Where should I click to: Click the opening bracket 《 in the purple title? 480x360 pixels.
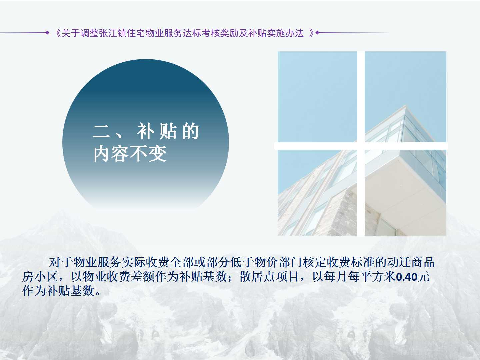click(x=58, y=33)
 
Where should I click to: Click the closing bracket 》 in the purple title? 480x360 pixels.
click(x=311, y=33)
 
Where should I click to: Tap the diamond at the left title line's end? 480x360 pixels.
click(x=47, y=33)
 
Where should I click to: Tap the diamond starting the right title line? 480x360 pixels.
click(x=318, y=33)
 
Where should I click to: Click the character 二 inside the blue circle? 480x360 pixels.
click(x=101, y=131)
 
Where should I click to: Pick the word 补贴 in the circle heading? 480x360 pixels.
click(x=157, y=131)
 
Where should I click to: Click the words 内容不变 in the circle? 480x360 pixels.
click(x=130, y=153)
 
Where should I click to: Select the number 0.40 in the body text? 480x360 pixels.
click(x=407, y=277)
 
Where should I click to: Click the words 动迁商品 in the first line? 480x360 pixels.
click(x=411, y=263)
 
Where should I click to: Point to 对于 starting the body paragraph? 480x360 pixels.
click(x=60, y=263)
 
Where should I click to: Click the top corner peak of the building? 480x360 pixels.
click(x=406, y=105)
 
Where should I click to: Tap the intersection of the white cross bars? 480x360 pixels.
click(x=361, y=146)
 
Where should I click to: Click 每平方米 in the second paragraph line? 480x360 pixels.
click(x=372, y=277)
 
